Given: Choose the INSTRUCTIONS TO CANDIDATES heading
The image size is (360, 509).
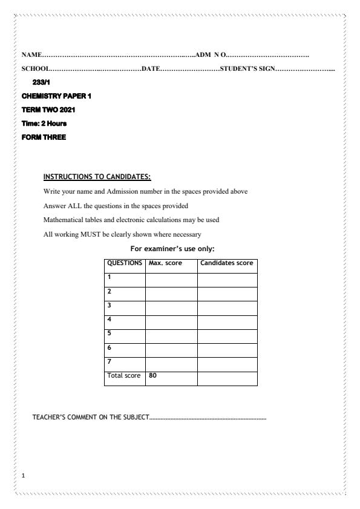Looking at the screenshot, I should [x=97, y=177].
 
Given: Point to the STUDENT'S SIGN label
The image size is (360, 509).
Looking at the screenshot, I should [x=247, y=68].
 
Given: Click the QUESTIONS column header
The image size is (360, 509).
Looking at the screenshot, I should [x=125, y=263].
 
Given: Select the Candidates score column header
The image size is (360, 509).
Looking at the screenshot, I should [x=226, y=263].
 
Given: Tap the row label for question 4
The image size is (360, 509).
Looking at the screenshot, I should [x=110, y=319].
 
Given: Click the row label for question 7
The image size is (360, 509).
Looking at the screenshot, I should [x=110, y=361].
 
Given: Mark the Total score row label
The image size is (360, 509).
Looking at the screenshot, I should [x=123, y=375].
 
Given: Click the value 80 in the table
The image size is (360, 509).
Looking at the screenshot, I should [x=153, y=375].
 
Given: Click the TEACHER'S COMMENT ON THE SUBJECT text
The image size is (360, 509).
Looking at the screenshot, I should [x=90, y=418].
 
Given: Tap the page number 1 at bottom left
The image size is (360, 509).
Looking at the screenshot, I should [x=23, y=476].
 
